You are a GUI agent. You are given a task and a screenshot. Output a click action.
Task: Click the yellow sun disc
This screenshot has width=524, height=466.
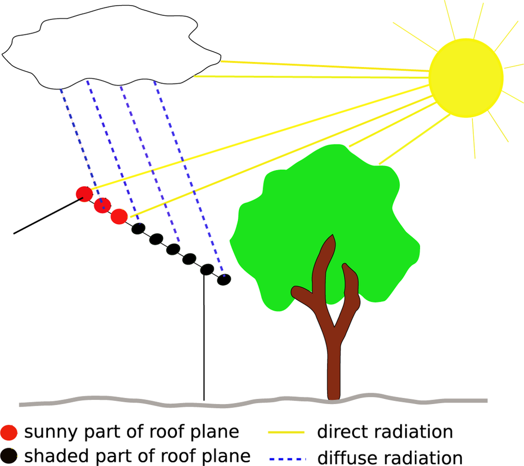point(466,78)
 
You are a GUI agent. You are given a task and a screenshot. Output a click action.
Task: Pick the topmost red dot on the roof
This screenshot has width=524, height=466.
point(84,194)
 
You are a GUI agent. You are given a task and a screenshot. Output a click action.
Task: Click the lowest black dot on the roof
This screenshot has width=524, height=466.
point(224,280)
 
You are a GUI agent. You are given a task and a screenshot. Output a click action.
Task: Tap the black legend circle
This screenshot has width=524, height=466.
point(9,455)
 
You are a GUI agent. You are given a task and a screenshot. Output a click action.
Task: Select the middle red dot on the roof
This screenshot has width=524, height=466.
point(103,205)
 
